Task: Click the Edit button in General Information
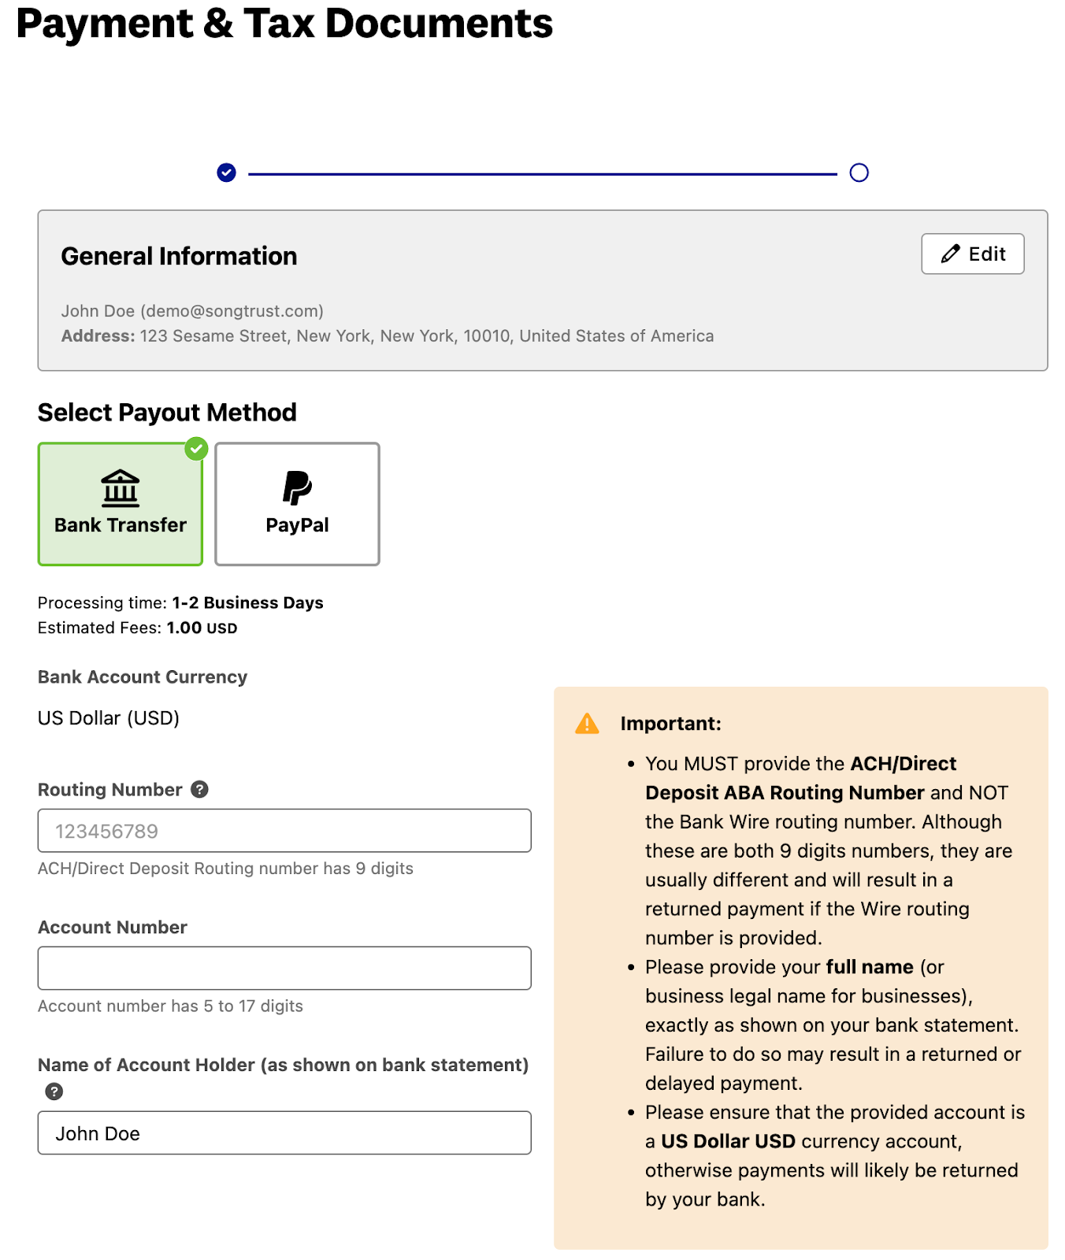pos(972,254)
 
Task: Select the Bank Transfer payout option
pos(120,504)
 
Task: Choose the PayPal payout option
pos(297,504)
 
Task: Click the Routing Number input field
pos(284,831)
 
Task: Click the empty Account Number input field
pos(284,968)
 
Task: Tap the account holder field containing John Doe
pos(284,1133)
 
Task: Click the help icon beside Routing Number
pos(200,789)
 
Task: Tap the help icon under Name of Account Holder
pos(54,1091)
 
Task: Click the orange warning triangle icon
pos(587,724)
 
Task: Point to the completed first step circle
pos(226,172)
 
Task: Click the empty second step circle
pos(859,172)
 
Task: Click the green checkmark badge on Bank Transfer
pos(196,449)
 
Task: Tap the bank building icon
pos(120,488)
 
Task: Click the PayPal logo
pos(297,487)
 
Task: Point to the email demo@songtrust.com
pos(232,311)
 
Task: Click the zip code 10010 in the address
pos(486,336)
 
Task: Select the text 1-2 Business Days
pos(247,602)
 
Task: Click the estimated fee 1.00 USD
pos(202,628)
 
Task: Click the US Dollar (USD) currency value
pos(109,718)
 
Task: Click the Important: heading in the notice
pos(670,724)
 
